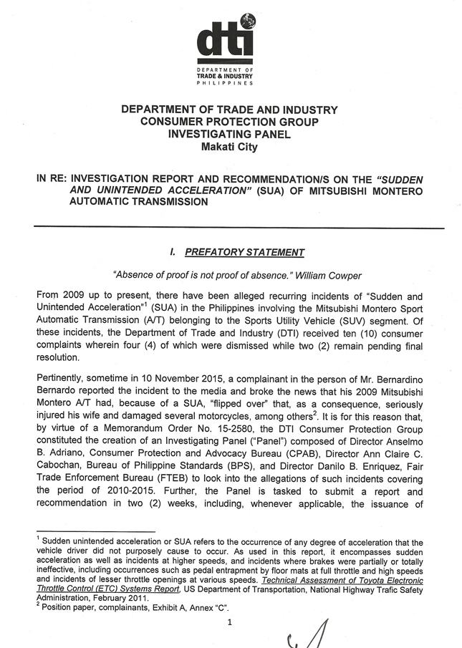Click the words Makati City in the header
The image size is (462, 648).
click(228, 148)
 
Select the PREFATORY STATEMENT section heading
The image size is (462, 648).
click(244, 252)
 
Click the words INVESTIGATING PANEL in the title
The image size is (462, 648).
click(228, 135)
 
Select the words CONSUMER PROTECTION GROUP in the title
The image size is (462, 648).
click(228, 122)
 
